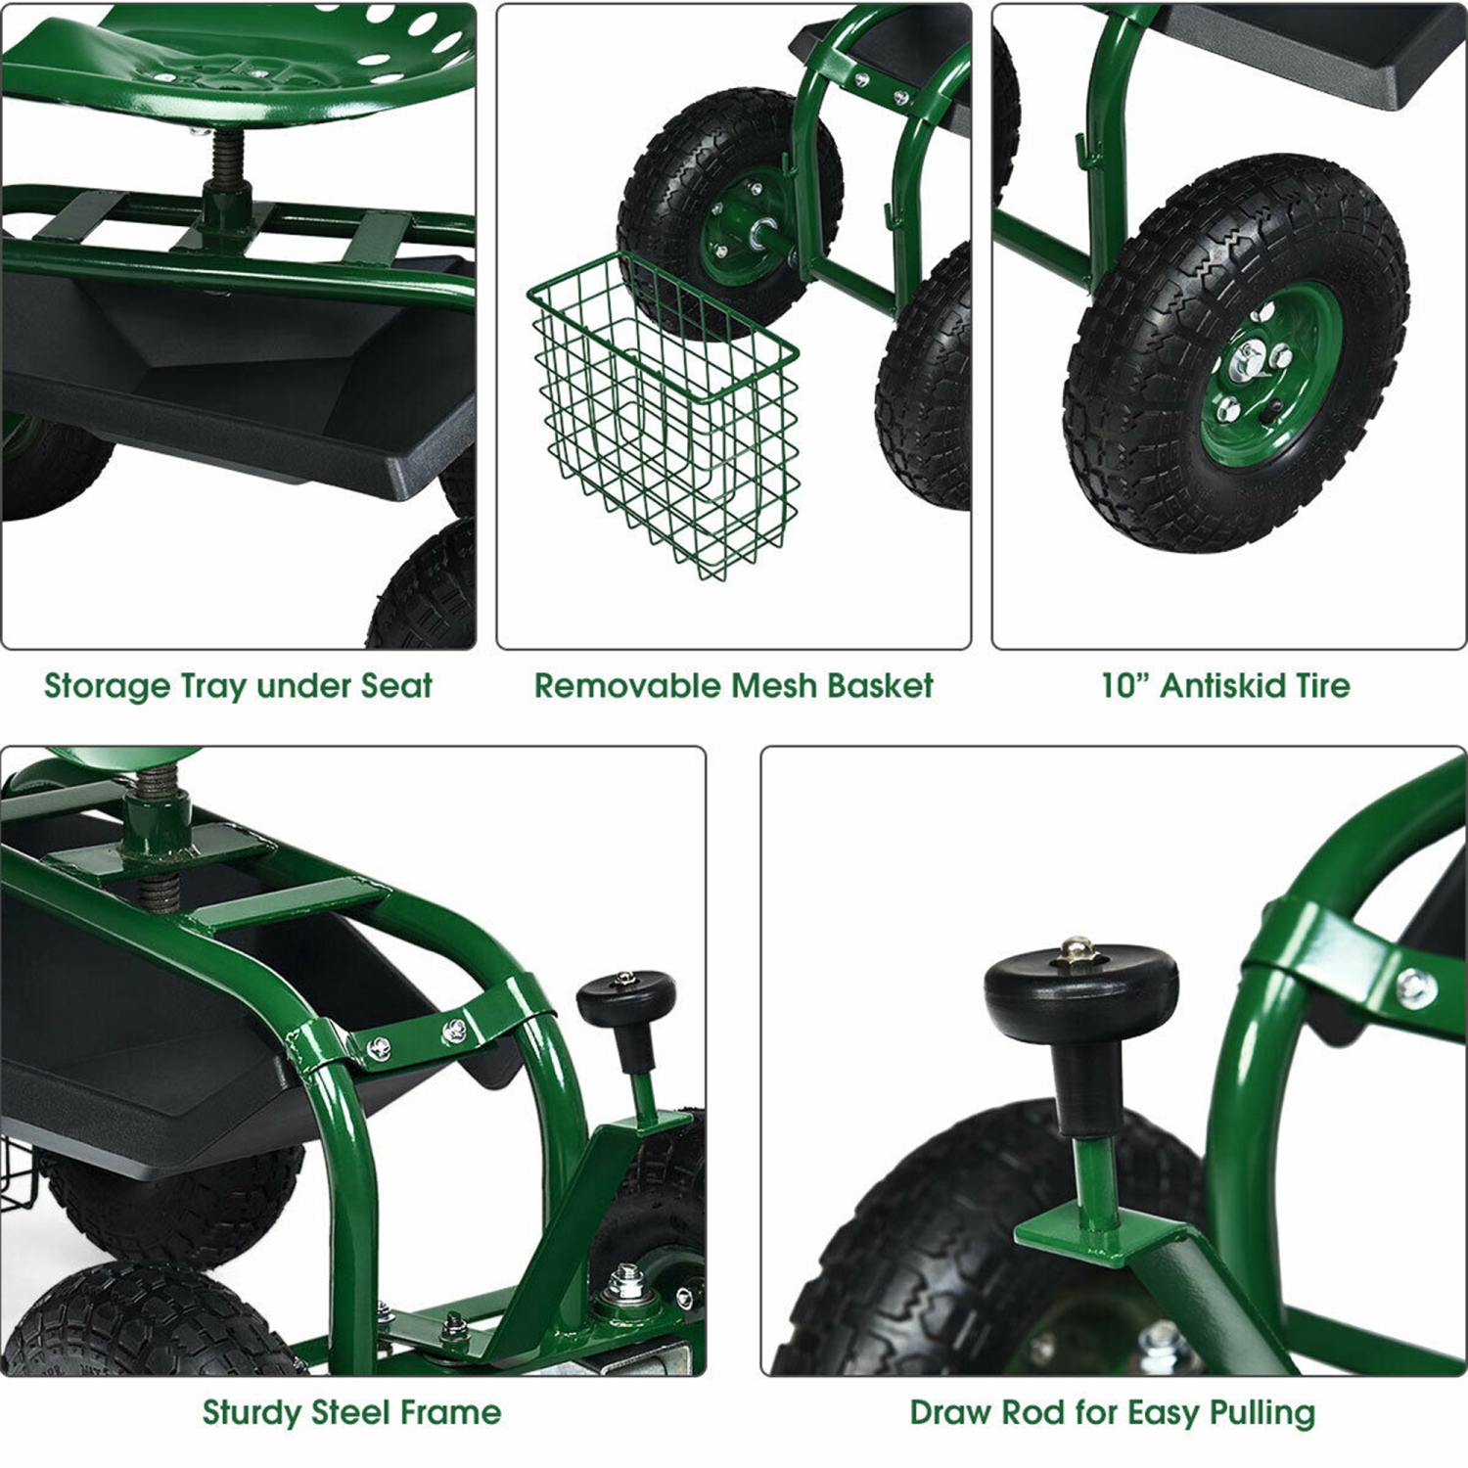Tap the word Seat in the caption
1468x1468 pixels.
[395, 686]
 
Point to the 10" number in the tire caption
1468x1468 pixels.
[1124, 685]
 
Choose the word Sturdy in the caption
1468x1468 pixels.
[252, 1413]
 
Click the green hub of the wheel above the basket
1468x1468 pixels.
[744, 230]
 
